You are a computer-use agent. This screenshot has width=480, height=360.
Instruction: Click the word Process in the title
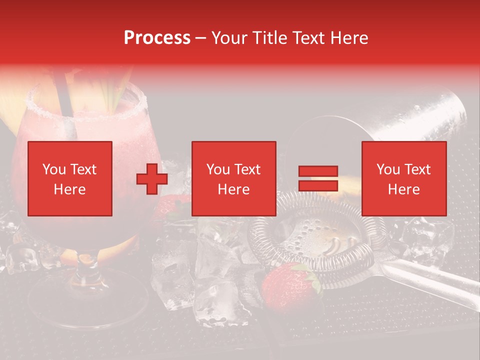(157, 38)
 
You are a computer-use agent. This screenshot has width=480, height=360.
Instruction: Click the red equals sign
(318, 179)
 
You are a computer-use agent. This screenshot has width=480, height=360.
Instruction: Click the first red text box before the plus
(70, 179)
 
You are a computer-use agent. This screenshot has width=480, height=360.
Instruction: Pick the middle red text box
(233, 179)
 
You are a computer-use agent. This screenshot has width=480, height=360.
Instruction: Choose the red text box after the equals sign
(403, 179)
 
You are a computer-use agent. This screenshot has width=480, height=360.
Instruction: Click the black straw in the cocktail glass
(63, 100)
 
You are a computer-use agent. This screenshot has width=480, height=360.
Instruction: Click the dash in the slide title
(201, 38)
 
